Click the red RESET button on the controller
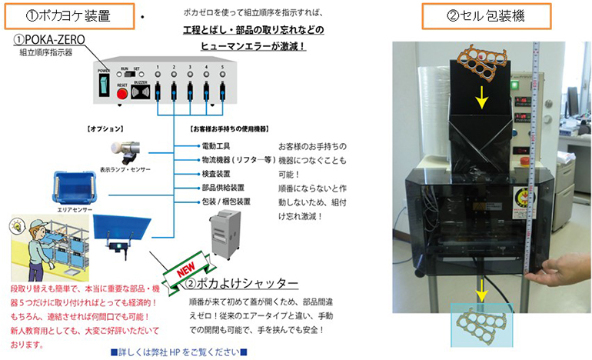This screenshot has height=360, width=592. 121,92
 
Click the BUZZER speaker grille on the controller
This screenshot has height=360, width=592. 140,92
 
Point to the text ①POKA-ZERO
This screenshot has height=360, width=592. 49,39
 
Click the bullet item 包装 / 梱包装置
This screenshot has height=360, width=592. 225,202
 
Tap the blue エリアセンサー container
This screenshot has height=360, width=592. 75,187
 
